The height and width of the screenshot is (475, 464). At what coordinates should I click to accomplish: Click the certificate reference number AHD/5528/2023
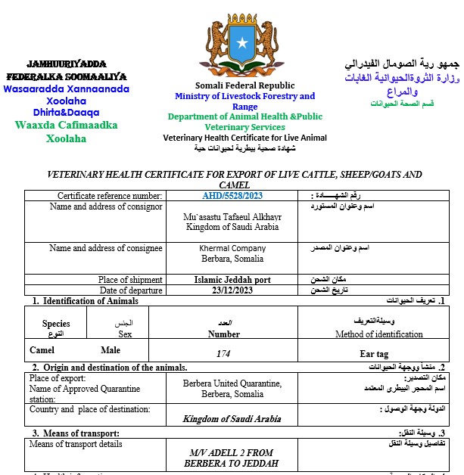pyautogui.click(x=232, y=197)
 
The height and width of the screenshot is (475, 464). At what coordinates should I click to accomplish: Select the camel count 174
pyautogui.click(x=223, y=353)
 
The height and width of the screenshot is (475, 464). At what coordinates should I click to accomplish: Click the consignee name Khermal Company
pyautogui.click(x=232, y=248)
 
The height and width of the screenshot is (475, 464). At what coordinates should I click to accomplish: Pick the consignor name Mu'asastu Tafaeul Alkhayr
pyautogui.click(x=232, y=216)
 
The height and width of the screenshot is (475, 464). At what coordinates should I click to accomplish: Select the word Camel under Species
pyautogui.click(x=42, y=350)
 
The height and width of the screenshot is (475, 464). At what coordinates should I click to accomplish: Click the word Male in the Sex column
pyautogui.click(x=111, y=350)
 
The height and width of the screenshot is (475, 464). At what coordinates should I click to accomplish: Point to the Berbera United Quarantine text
pyautogui.click(x=232, y=383)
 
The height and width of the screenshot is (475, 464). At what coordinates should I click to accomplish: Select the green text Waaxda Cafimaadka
pyautogui.click(x=67, y=125)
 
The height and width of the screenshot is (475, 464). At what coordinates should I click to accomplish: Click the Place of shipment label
pyautogui.click(x=130, y=280)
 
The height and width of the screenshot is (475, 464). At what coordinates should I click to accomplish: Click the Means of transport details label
pyautogui.click(x=76, y=444)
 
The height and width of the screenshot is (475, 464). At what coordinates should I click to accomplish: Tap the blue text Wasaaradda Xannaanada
pyautogui.click(x=67, y=88)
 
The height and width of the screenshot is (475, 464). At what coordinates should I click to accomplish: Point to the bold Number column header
pyautogui.click(x=224, y=334)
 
